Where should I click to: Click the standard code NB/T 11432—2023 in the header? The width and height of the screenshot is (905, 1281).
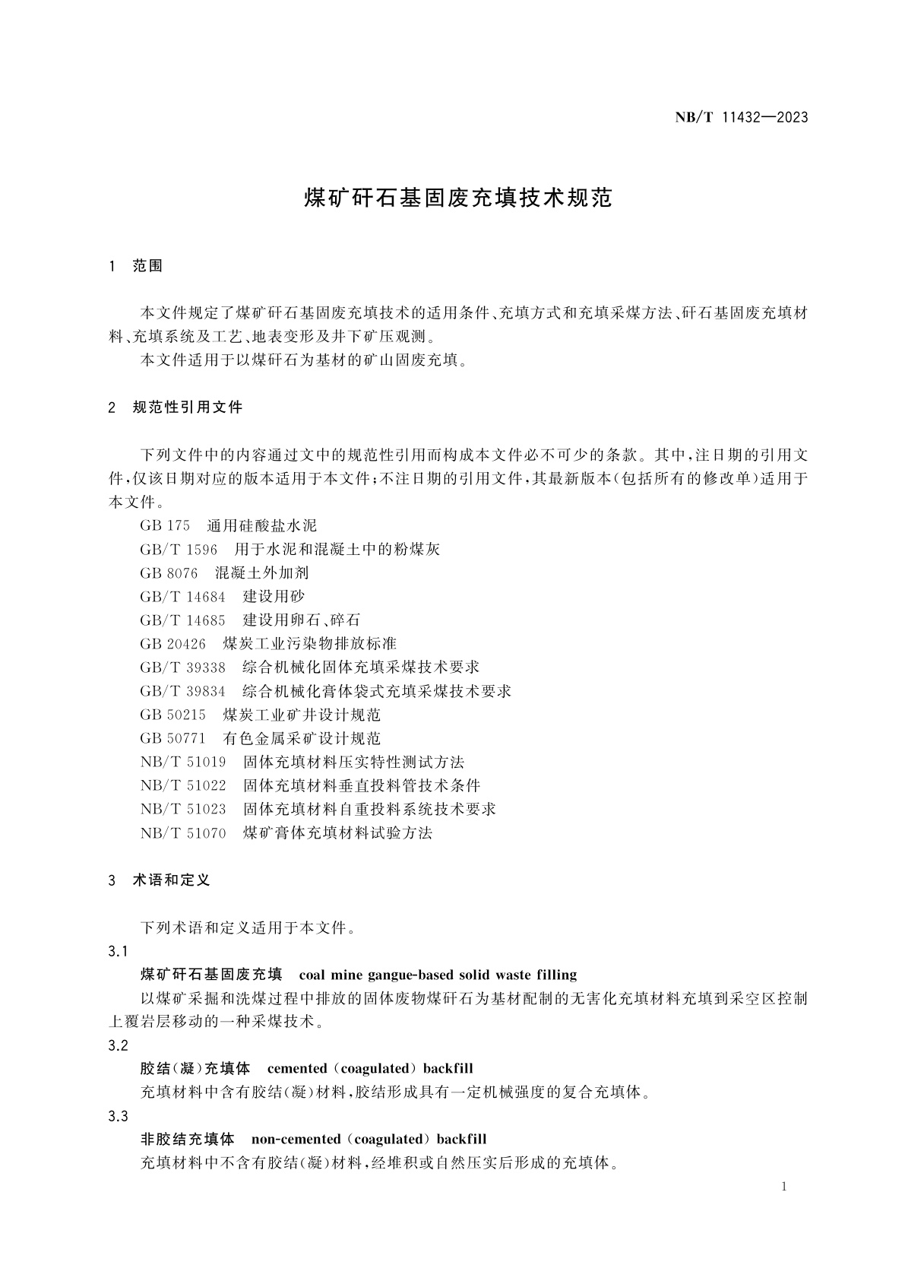click(741, 117)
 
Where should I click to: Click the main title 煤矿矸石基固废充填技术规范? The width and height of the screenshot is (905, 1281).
click(458, 198)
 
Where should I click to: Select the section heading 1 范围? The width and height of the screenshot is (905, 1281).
click(137, 266)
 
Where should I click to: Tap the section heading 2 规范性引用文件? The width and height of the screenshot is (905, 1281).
click(176, 407)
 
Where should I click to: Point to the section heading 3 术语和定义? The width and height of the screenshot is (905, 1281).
click(160, 880)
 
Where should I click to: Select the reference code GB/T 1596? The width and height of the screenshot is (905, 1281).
click(179, 549)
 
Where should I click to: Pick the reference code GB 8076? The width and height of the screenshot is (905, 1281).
click(169, 572)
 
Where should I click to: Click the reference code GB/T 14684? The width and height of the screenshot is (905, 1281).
click(182, 596)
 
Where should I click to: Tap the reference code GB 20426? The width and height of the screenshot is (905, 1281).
click(172, 643)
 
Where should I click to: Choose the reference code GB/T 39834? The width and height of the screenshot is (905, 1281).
click(182, 690)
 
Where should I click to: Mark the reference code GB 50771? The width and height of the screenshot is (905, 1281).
click(172, 737)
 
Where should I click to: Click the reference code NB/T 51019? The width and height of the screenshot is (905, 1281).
click(183, 762)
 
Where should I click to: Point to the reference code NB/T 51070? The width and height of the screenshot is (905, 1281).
click(183, 832)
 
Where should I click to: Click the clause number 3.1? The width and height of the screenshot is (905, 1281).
click(118, 951)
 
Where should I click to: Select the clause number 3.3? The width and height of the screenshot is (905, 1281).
click(118, 1115)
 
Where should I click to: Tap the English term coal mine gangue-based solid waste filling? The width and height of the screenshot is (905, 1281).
click(438, 975)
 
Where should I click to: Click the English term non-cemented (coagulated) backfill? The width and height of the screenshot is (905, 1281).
click(369, 1139)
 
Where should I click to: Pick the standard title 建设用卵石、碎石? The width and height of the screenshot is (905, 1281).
click(302, 620)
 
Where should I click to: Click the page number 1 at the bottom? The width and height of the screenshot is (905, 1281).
click(784, 1187)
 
